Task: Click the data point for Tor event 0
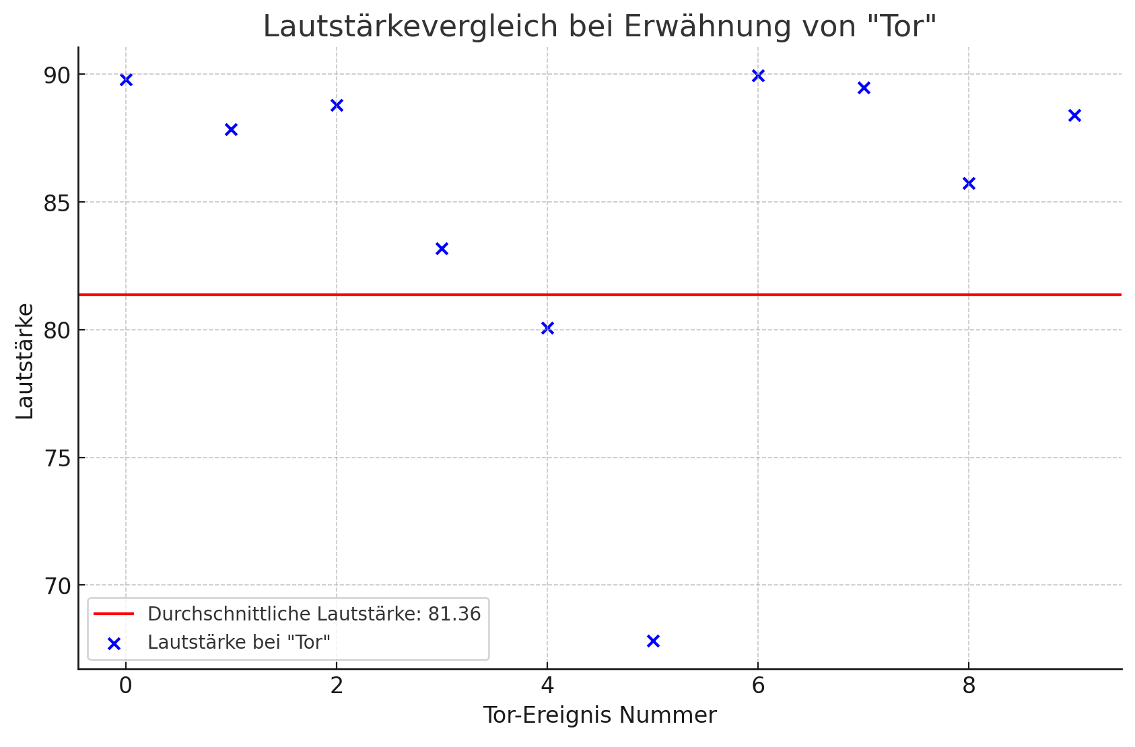click(x=126, y=80)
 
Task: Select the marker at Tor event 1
click(x=231, y=129)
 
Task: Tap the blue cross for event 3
click(x=442, y=249)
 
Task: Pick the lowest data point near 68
click(x=653, y=641)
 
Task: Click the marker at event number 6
click(x=758, y=76)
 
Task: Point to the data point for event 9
click(x=1074, y=115)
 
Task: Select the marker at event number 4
click(x=547, y=328)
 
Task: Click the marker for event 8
click(x=969, y=183)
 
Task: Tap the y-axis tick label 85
click(x=57, y=203)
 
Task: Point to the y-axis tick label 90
click(x=57, y=75)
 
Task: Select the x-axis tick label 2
click(x=337, y=686)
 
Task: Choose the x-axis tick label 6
click(x=758, y=686)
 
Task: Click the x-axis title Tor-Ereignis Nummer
click(x=599, y=715)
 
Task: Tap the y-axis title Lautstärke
click(x=25, y=361)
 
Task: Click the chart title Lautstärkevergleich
click(x=599, y=27)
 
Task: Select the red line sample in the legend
click(x=114, y=614)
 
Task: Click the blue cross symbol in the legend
click(x=114, y=644)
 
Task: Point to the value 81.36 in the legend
click(x=454, y=614)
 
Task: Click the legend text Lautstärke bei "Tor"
click(x=239, y=643)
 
